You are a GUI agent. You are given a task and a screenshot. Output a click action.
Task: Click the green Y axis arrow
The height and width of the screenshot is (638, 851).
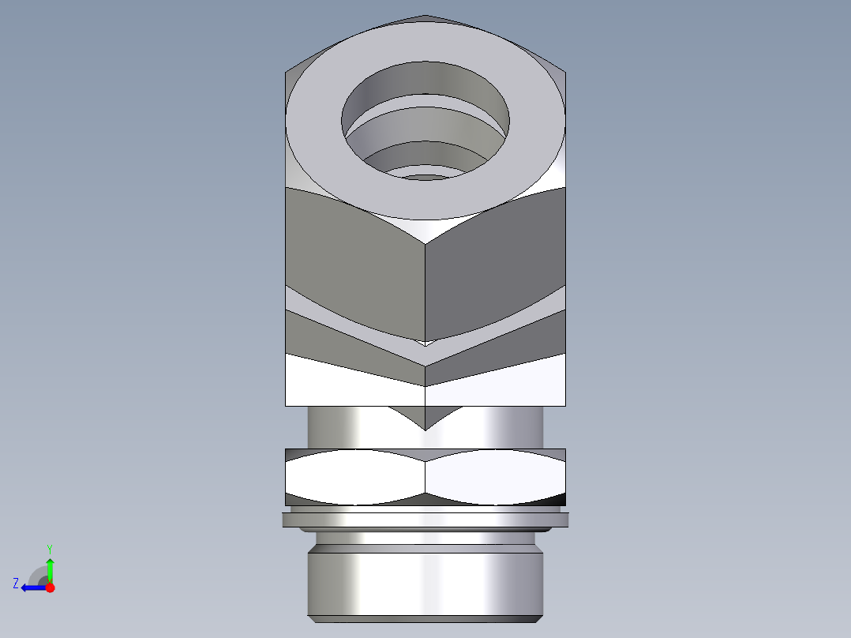click(50, 567)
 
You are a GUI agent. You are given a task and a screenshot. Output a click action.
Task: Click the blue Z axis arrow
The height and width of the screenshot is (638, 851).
click(30, 587)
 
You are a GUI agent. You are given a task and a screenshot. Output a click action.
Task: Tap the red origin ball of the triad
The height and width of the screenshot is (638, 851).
click(50, 587)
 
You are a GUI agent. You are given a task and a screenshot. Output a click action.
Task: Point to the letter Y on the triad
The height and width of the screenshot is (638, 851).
click(50, 548)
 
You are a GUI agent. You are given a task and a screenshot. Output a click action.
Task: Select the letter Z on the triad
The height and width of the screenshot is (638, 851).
click(16, 584)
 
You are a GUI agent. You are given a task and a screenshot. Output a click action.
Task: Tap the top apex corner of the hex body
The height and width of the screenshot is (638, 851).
click(425, 16)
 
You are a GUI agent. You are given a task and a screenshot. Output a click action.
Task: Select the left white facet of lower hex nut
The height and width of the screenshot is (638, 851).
click(355, 478)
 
